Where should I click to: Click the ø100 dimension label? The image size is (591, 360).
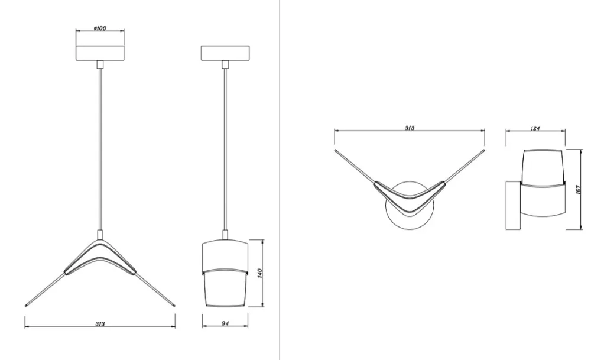100,28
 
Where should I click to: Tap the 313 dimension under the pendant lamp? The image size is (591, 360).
100,324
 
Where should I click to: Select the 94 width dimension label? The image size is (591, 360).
225,323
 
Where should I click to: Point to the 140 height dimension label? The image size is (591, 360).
259,273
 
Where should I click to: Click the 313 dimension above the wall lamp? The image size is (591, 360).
410,128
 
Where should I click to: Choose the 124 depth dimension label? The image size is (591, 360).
535,128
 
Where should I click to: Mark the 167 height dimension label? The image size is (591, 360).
578,190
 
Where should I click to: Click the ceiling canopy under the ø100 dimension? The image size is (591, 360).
100,53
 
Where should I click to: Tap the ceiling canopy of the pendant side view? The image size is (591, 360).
225,53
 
